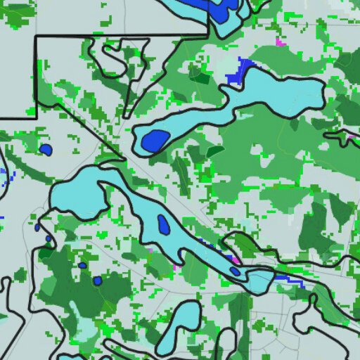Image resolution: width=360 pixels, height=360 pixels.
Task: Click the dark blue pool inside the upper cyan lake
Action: tap(155, 141)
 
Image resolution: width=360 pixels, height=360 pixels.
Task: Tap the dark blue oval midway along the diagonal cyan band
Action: tap(163, 225)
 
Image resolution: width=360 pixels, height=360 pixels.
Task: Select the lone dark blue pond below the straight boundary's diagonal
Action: tap(46, 150)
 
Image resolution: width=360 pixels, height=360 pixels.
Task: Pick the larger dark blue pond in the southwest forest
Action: tap(97, 281)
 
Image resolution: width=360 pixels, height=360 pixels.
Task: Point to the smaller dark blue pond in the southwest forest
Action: tap(82, 265)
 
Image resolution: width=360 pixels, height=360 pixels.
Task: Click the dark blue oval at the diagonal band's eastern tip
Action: tap(235, 271)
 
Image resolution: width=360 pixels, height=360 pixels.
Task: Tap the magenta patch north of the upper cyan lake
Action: tap(281, 43)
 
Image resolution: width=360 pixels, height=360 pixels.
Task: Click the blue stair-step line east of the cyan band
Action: tap(290, 280)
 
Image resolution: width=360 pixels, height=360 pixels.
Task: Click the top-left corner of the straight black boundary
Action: tap(36, 36)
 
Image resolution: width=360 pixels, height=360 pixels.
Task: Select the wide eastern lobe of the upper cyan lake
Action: tap(281, 88)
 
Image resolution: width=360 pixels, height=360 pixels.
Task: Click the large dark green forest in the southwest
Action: tap(70, 288)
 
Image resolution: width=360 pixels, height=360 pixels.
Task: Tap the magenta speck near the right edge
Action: tap(349, 136)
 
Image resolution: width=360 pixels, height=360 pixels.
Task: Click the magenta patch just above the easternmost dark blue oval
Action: tap(233, 260)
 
